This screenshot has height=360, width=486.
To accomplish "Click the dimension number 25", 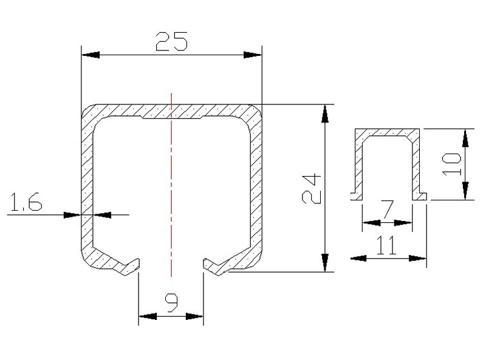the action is click(x=171, y=41).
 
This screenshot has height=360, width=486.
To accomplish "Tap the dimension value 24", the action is click(x=311, y=189).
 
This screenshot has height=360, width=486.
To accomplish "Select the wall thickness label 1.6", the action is click(x=26, y=202).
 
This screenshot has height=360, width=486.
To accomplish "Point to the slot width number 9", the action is click(x=171, y=303).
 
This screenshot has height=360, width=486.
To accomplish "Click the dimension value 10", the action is click(x=451, y=165).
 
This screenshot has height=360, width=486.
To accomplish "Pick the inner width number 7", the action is click(x=388, y=209).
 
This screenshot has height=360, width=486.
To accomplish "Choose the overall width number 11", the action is click(x=386, y=245).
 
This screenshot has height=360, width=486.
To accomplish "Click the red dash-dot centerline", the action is click(x=171, y=185).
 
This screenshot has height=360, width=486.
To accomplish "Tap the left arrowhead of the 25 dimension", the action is click(x=91, y=55).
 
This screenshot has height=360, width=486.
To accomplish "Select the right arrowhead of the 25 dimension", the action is click(x=253, y=55).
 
